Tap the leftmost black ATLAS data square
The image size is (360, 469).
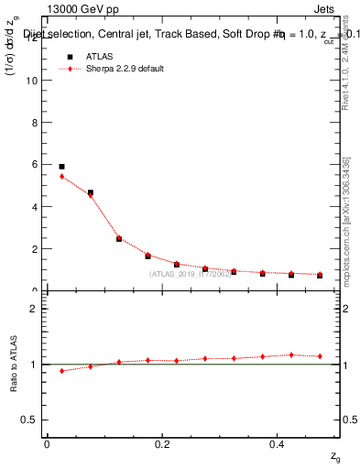61,167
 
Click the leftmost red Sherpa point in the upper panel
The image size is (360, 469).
61,176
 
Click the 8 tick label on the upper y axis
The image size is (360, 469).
33,122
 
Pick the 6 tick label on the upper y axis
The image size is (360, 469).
33,164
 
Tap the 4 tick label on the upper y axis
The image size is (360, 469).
33,206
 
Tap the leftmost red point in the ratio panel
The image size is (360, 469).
61,371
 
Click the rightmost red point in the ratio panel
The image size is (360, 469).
320,356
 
